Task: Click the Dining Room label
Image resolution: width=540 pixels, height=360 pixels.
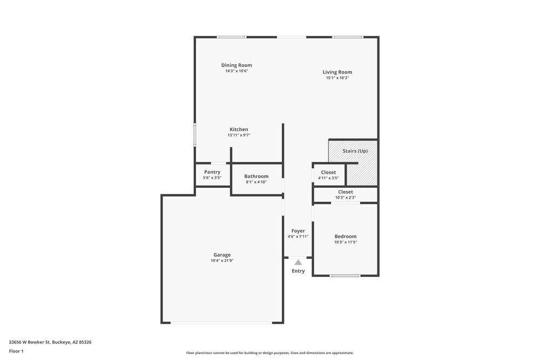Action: point(237,65)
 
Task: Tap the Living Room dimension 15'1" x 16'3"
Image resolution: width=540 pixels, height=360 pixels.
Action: point(337,78)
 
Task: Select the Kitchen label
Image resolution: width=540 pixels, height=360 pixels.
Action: point(239,130)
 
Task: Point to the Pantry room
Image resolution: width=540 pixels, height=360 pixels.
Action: point(212,174)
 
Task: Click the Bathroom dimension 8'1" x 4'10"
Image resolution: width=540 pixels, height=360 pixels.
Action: point(256,182)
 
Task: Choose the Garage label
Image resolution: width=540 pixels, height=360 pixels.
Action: point(222,255)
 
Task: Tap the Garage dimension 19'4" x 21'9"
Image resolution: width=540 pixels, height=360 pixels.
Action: point(222,261)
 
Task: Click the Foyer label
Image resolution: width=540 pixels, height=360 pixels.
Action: point(298,230)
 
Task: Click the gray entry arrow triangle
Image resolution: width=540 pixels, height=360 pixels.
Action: point(298,262)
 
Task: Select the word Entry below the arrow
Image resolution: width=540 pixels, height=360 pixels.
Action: point(298,271)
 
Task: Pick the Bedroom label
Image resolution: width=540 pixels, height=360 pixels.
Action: point(346,236)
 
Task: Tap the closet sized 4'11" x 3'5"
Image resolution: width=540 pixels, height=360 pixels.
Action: point(328,175)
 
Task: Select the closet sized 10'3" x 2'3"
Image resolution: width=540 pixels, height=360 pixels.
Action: point(346,194)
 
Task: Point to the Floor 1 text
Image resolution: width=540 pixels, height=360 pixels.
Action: point(16,351)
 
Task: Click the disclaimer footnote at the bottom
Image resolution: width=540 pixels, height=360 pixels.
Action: point(270,353)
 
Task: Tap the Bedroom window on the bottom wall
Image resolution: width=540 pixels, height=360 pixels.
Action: point(345,276)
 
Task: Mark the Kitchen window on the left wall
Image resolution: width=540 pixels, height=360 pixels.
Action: point(195,135)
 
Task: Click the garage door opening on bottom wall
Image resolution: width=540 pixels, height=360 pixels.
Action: point(221,323)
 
